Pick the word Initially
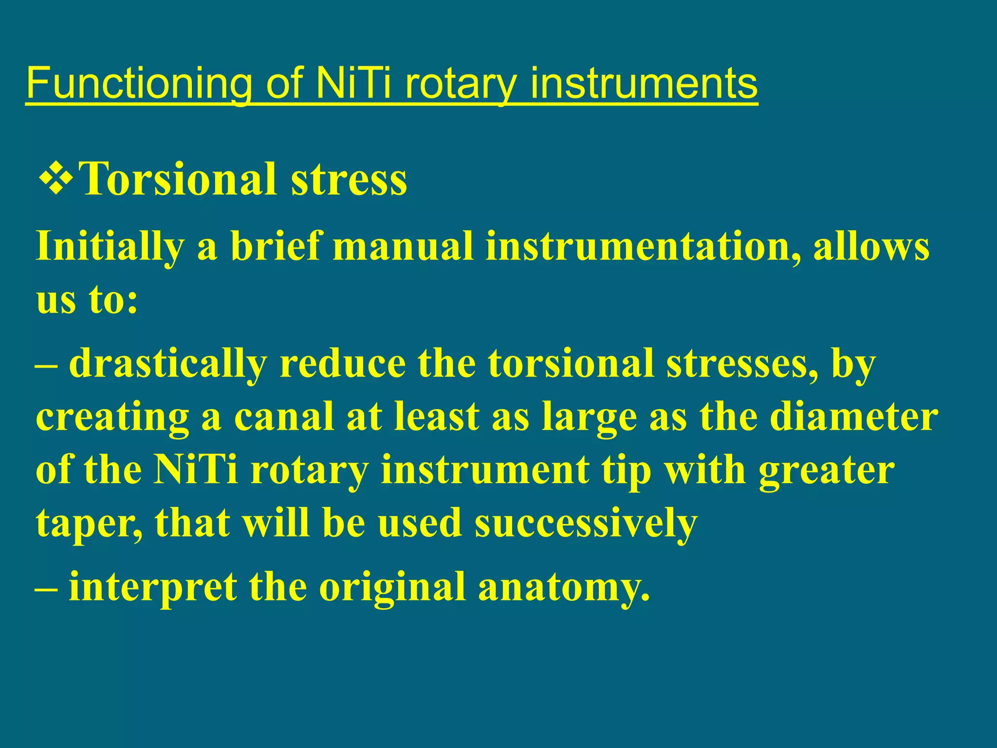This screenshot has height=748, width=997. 110,246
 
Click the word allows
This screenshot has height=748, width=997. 871,246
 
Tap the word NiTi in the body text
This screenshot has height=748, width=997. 195,470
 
